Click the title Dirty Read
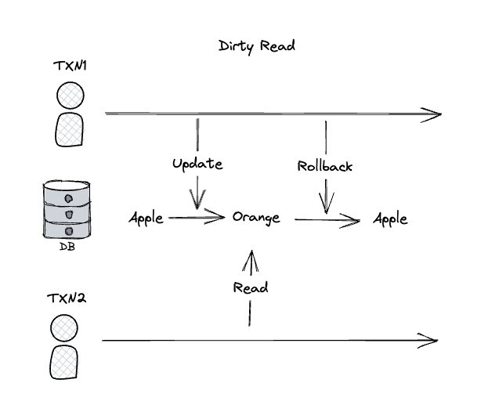257,45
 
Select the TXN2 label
68,298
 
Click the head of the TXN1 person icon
70,96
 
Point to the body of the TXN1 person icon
70,129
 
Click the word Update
197,164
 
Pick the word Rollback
324,166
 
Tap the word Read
251,287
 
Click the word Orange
256,218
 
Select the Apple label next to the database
146,218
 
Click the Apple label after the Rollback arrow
390,219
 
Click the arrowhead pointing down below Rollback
324,206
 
